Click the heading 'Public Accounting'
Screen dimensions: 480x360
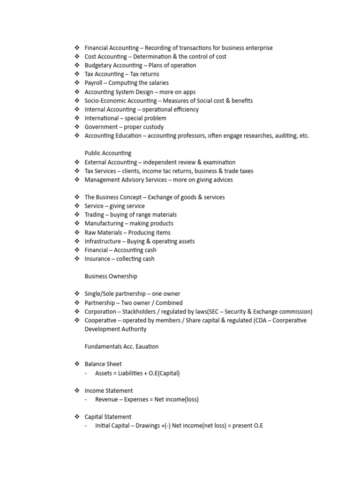coord(108,153)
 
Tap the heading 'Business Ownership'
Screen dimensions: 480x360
coord(111,277)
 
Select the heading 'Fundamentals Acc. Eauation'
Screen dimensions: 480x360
coord(121,347)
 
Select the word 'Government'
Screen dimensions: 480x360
coord(101,127)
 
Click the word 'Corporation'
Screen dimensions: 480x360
coord(100,312)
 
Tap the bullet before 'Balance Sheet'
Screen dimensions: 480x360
coord(77,364)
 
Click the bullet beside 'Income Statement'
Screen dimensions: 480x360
coord(77,390)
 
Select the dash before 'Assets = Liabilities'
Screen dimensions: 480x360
coord(87,374)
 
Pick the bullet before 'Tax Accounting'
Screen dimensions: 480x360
coord(77,74)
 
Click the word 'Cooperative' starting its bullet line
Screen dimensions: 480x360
coord(100,321)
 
